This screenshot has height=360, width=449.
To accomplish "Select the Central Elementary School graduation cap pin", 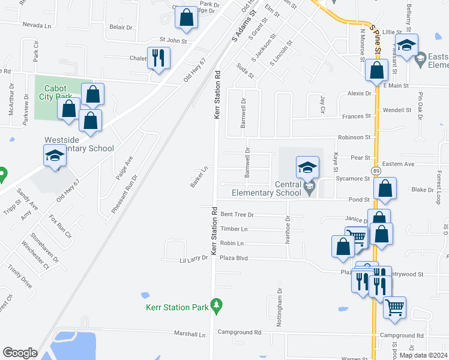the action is pyautogui.click(x=307, y=167).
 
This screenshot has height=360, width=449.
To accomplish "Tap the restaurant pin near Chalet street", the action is pyautogui.click(x=158, y=58).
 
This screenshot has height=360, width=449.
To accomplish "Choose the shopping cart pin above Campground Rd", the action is pyautogui.click(x=394, y=308).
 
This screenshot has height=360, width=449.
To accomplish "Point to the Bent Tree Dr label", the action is pyautogui.click(x=237, y=214).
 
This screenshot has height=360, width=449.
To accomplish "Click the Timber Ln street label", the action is pyautogui.click(x=234, y=229).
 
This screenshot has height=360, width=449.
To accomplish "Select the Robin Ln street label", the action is pyautogui.click(x=232, y=244).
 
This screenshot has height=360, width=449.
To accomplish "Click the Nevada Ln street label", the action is pyautogui.click(x=37, y=26).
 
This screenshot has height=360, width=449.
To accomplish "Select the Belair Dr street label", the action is pyautogui.click(x=121, y=28).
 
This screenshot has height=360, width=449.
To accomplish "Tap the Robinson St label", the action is pyautogui.click(x=355, y=137).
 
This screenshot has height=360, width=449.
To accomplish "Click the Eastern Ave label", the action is pyautogui.click(x=399, y=164).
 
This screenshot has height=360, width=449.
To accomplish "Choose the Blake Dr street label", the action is pyautogui.click(x=423, y=190).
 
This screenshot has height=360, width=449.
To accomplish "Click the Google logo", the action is pyautogui.click(x=20, y=353).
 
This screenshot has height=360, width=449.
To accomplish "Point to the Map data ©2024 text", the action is pyautogui.click(x=423, y=355).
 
